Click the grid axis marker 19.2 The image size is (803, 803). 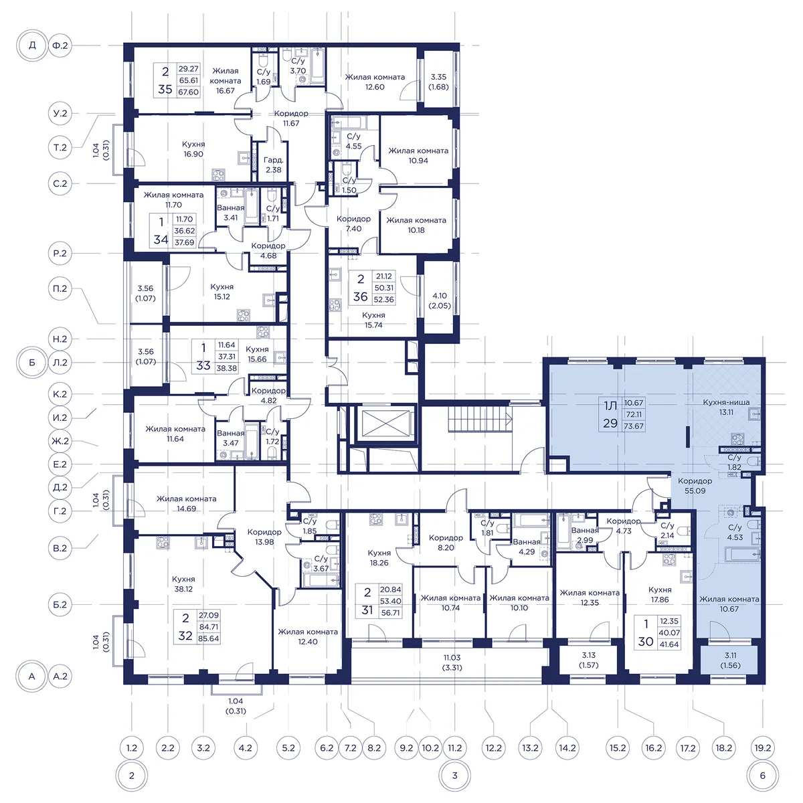(763, 748)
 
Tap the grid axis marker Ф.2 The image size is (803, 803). (60, 46)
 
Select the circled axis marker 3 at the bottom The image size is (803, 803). (454, 776)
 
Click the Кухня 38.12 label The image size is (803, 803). (183, 584)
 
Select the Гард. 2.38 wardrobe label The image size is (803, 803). (274, 165)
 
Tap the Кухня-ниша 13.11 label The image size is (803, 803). (726, 407)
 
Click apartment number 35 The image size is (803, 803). (165, 89)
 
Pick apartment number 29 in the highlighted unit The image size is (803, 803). (610, 424)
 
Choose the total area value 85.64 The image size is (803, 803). (209, 638)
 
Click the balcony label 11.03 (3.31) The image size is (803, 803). (452, 662)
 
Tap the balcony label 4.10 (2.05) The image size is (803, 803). (440, 300)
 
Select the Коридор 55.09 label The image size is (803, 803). (695, 486)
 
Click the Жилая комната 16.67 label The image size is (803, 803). (226, 81)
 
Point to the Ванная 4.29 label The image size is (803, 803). (527, 547)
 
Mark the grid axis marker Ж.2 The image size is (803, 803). (60, 441)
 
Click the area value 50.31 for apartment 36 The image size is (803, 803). (384, 288)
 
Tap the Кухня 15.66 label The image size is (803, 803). (257, 354)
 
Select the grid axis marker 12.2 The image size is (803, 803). (493, 748)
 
